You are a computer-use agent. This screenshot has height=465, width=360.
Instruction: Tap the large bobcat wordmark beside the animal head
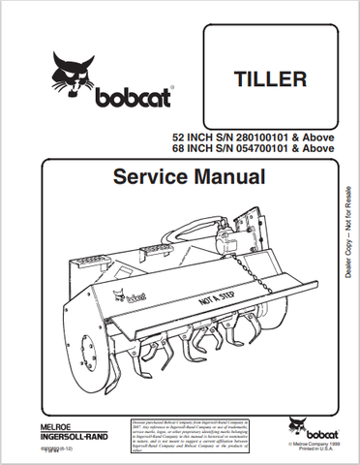129,98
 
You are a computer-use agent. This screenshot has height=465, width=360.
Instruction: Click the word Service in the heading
146,178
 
